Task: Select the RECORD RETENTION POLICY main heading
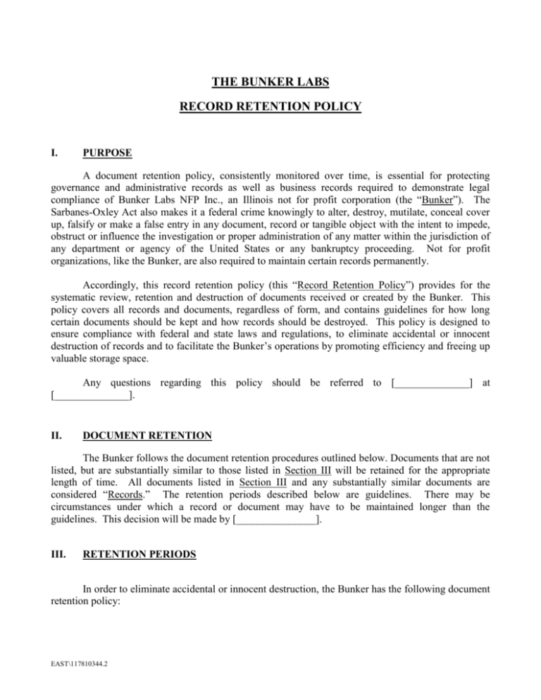tap(270, 107)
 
